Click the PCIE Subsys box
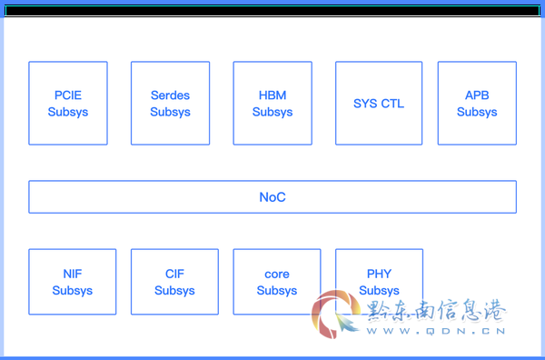click(68, 103)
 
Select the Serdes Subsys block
click(171, 103)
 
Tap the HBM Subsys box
click(272, 103)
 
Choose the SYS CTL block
click(379, 103)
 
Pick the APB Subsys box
click(477, 103)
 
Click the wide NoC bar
click(272, 197)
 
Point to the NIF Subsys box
click(73, 282)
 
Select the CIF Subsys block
click(174, 282)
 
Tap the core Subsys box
click(277, 282)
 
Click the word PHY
click(379, 274)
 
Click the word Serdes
click(171, 95)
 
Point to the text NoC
click(272, 197)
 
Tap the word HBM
click(272, 95)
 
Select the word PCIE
click(68, 95)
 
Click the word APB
click(477, 95)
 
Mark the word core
click(277, 274)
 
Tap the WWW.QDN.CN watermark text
click(436, 331)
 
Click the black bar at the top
click(272, 11)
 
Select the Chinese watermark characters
click(436, 310)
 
